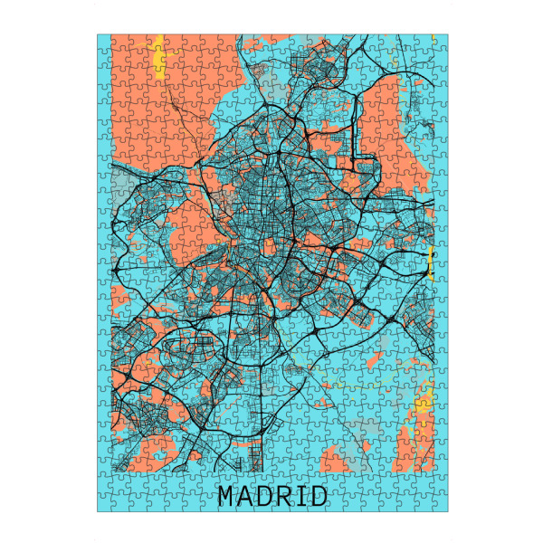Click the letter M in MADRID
point(227,496)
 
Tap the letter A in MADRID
point(248,496)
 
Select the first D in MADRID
point(268,496)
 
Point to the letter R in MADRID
point(288,496)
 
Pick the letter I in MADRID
point(303,496)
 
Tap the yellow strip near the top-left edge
point(159,59)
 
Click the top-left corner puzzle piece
point(104,41)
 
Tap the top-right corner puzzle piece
point(441,41)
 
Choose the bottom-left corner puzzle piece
point(104,505)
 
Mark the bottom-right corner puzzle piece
point(441,505)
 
